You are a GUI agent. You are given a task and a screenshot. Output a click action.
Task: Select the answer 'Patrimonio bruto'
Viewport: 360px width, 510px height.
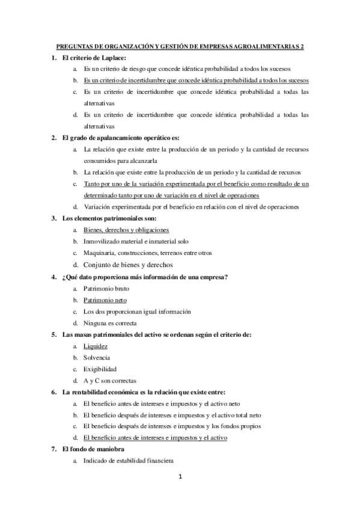coord(106,289)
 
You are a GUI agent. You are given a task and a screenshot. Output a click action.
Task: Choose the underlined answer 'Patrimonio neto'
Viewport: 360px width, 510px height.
coord(105,300)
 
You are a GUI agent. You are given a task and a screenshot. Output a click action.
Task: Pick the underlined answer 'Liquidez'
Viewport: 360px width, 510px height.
coord(96,346)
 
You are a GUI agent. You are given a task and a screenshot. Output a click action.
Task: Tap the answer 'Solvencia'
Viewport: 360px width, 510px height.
coord(97,357)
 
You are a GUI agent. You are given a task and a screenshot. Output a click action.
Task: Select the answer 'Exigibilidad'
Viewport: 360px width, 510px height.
coord(100,369)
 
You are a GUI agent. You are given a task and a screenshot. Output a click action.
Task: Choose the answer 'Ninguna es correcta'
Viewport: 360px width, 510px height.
coord(111,323)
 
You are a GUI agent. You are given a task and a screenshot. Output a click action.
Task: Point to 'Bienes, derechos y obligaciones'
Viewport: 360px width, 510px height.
coord(126,230)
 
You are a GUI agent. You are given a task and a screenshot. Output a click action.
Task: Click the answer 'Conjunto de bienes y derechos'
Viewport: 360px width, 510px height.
coord(128,264)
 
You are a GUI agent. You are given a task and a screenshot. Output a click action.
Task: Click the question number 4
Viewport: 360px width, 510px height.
coord(55,277)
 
